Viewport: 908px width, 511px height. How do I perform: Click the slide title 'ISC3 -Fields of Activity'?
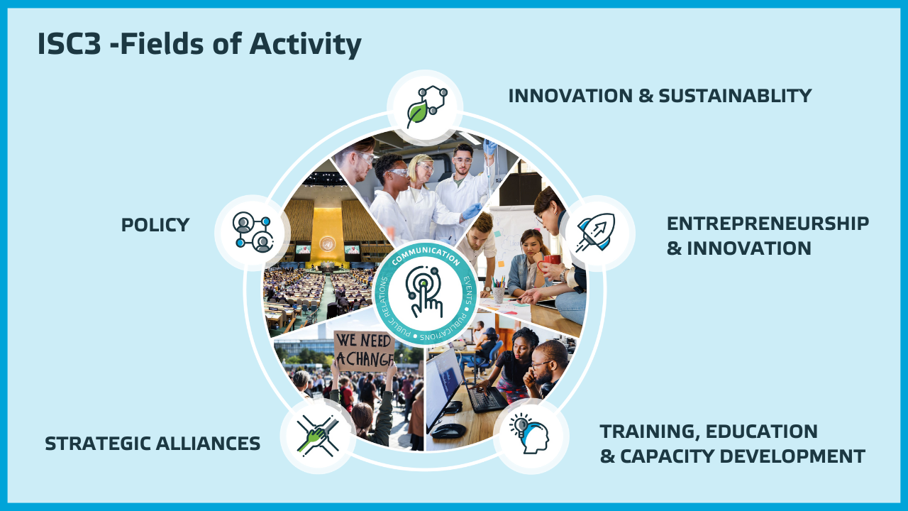coord(199,44)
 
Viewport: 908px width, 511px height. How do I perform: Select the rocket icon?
coord(595,232)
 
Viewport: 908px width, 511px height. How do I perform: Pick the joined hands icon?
coord(318,436)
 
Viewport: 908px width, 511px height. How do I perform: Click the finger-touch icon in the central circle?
coord(424,291)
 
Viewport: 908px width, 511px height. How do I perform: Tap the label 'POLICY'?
coord(155,225)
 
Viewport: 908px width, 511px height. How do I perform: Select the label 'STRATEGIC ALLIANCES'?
coord(153,444)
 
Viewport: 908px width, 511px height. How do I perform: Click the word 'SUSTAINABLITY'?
coord(735,96)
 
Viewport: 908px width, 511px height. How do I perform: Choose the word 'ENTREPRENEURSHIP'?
coord(768,224)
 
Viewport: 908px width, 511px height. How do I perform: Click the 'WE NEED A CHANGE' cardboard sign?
coord(364,351)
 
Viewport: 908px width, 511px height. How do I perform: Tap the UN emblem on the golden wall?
coord(327,243)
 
